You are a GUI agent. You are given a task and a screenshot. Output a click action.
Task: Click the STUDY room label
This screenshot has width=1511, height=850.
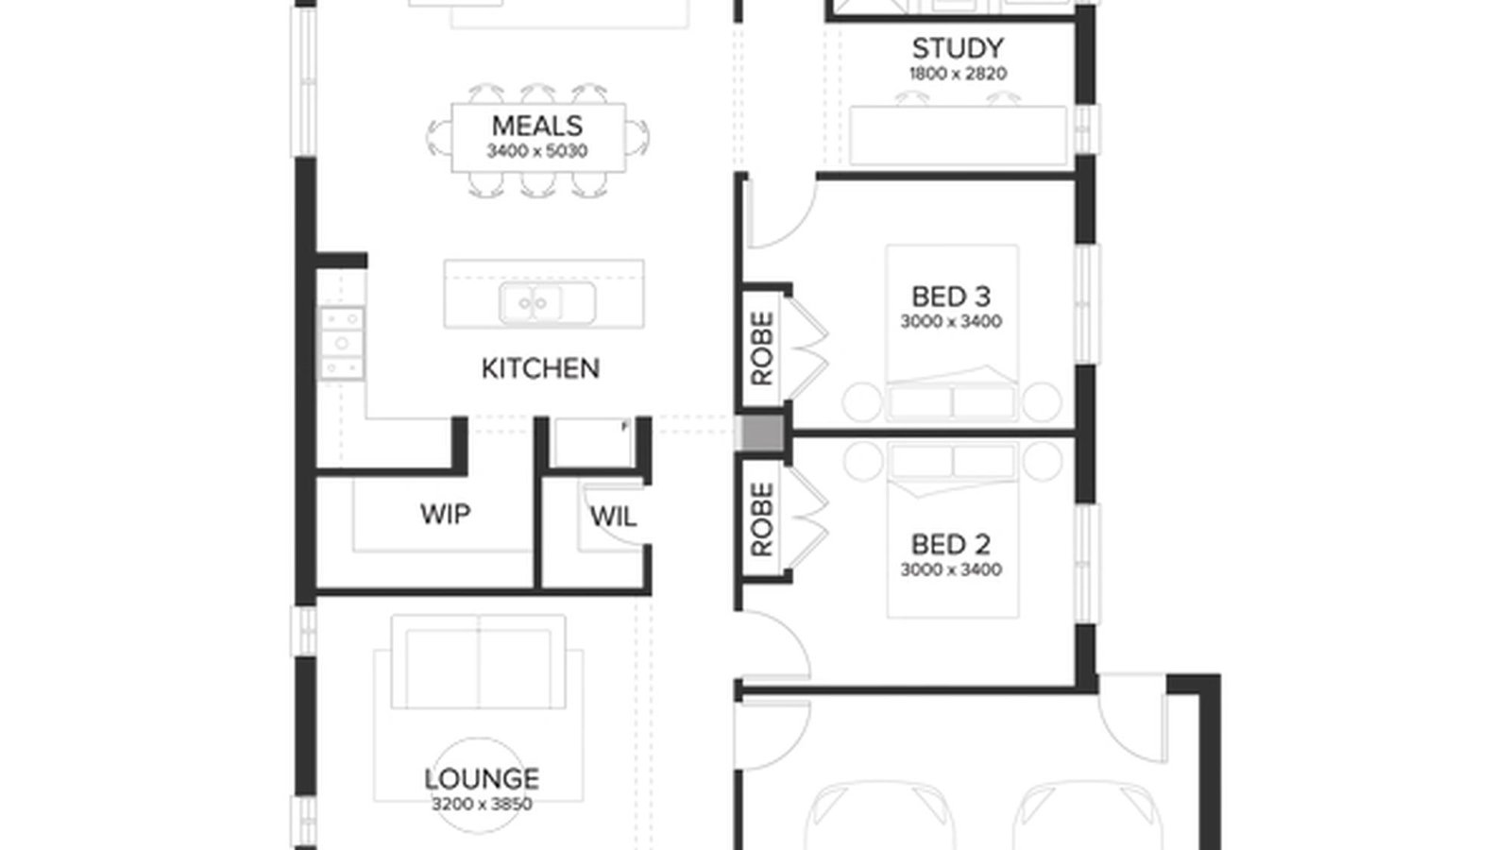point(957,47)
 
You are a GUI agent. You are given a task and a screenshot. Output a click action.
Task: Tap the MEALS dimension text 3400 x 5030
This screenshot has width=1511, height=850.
point(536,151)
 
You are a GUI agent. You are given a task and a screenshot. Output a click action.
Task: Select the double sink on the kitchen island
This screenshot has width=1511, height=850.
point(535,303)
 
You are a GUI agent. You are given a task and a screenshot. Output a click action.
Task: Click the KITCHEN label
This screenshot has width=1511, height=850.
point(540,368)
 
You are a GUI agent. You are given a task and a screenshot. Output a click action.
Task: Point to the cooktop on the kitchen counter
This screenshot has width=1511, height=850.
point(341,343)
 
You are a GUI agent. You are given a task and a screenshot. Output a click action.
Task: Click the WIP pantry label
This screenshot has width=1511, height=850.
point(445,515)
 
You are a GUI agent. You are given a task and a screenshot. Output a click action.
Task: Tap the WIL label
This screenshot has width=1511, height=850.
point(612,517)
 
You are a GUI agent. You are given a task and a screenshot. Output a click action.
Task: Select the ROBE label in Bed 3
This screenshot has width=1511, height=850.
point(762,348)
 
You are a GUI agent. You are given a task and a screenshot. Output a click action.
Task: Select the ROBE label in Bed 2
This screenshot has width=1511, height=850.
point(762,519)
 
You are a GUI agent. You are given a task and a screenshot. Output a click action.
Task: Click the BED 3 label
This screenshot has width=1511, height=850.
point(950,297)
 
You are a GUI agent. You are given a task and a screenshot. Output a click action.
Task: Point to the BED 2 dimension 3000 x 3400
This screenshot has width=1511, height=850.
point(950,570)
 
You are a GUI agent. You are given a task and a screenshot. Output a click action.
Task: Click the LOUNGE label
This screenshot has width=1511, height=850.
point(481,779)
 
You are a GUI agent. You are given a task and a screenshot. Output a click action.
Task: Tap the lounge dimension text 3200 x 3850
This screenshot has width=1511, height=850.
point(481,805)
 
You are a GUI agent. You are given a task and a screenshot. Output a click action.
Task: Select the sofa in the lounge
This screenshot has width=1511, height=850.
point(479,661)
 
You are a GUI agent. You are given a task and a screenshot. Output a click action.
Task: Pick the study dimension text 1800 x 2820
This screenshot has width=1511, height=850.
point(957,74)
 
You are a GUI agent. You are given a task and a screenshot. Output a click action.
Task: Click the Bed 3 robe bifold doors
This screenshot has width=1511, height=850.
point(808,348)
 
